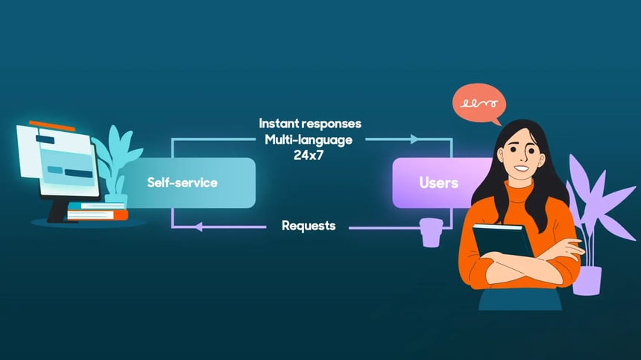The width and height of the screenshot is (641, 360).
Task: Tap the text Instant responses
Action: pos(309,123)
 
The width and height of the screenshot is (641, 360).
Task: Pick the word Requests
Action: pos(309,225)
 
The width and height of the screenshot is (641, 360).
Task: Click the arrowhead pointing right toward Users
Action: pos(414,139)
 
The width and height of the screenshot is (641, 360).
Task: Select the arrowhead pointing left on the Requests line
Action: pos(198,227)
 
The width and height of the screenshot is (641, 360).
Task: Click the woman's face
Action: pos(521,156)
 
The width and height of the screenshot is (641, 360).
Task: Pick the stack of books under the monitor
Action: pos(97,212)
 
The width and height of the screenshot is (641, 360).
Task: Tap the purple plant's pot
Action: pos(587,280)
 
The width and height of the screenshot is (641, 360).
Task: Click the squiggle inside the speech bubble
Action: pos(478,104)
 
